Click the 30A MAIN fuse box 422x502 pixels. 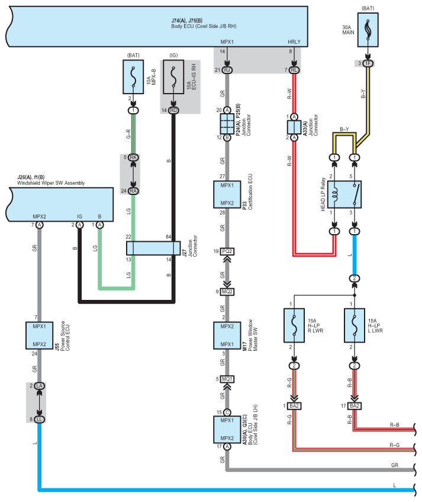[368, 30]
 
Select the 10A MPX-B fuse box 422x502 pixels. [133, 77]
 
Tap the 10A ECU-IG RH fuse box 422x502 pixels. [173, 77]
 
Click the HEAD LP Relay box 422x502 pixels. [344, 194]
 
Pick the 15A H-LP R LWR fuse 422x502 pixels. [294, 325]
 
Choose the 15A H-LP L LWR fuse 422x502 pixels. [354, 325]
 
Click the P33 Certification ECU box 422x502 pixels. [227, 194]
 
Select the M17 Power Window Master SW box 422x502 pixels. [227, 335]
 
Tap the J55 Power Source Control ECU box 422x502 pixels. [39, 335]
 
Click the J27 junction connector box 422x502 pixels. [153, 248]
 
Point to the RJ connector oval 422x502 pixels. [227, 70]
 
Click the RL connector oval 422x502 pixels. [294, 70]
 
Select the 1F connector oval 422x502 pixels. [368, 63]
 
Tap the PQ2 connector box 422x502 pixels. [227, 251]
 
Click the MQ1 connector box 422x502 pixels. [227, 379]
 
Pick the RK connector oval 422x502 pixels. [133, 157]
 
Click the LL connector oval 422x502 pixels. [39, 420]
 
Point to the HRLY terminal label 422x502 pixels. [294, 42]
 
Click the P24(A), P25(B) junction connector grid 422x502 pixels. [227, 124]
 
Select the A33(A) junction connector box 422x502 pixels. [294, 127]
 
